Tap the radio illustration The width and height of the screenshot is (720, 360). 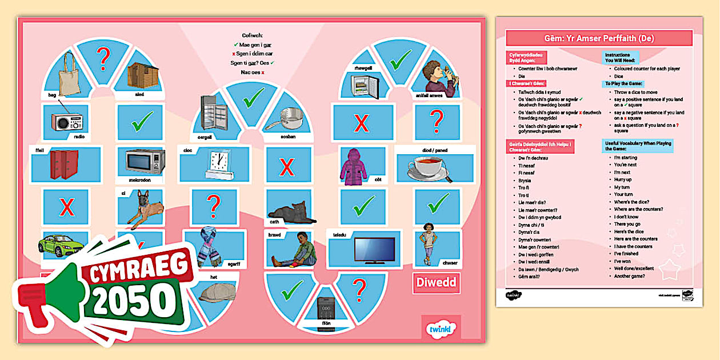tap(67, 122)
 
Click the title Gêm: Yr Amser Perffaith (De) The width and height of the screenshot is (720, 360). tap(598, 38)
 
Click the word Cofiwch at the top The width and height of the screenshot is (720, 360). tap(253, 35)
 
